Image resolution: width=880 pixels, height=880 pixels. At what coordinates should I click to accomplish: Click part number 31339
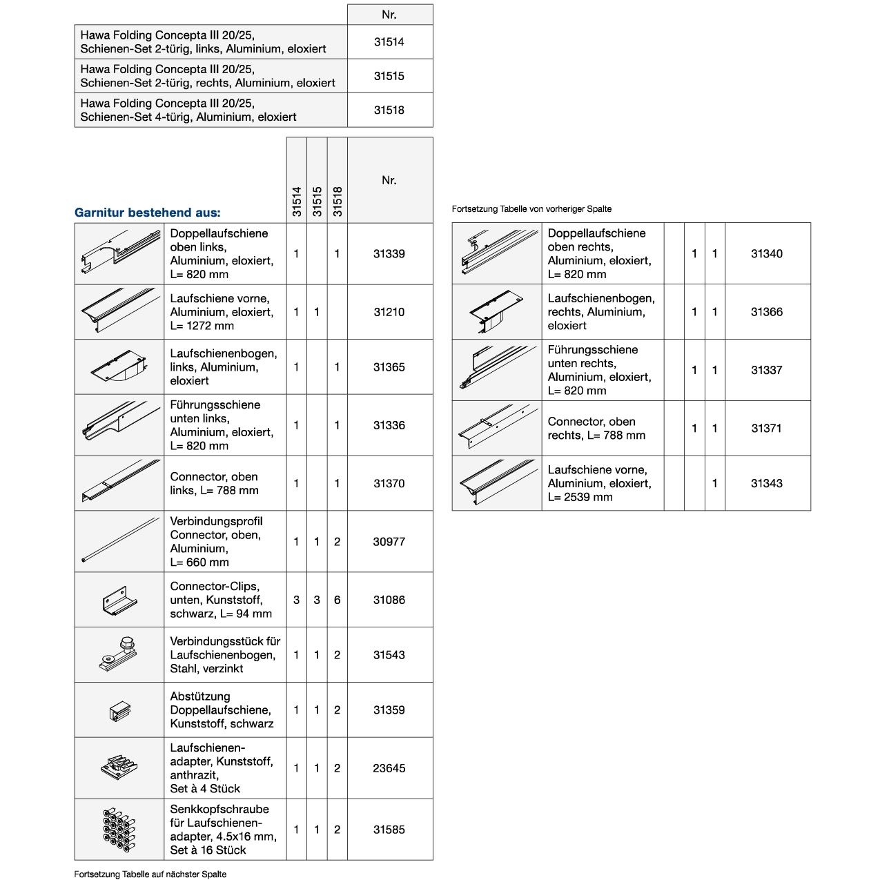coord(389,254)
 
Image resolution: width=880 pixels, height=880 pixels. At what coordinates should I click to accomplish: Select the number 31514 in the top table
coord(389,42)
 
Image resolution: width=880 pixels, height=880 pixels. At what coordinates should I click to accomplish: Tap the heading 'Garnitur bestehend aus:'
coord(148,213)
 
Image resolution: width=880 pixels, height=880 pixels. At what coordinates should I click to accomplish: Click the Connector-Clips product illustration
coord(119,600)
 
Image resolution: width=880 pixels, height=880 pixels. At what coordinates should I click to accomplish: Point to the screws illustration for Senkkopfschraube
coord(119,830)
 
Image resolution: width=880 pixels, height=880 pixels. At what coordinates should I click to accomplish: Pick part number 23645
coord(389,768)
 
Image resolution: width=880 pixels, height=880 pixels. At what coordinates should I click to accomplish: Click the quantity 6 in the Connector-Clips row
coord(337,600)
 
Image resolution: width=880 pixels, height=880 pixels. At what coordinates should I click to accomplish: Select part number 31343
coord(767,484)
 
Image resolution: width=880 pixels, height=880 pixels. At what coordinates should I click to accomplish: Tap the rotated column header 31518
coord(338,202)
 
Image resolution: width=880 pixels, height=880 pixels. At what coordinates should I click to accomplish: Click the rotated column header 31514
coord(297,202)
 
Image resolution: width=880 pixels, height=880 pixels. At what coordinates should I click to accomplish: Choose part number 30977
coord(389,542)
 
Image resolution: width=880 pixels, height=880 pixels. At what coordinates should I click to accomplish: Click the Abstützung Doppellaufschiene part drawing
coord(119,710)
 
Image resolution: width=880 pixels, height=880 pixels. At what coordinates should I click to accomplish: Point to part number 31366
coord(767,312)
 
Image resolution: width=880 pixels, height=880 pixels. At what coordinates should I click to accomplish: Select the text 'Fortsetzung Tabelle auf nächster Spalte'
coord(150,874)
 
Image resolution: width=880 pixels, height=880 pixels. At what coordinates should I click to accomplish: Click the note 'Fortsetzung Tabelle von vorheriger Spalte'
coord(531,209)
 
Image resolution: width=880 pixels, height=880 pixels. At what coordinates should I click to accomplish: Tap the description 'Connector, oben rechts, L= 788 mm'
coord(596,429)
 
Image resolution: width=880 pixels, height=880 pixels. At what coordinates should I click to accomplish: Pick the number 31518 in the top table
coord(389,110)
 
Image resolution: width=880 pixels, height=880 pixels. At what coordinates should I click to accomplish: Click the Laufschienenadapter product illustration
coord(119,767)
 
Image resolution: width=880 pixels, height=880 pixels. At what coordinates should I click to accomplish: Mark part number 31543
coord(389,655)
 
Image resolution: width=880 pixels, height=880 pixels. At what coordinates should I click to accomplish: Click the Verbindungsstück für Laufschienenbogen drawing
coord(119,654)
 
